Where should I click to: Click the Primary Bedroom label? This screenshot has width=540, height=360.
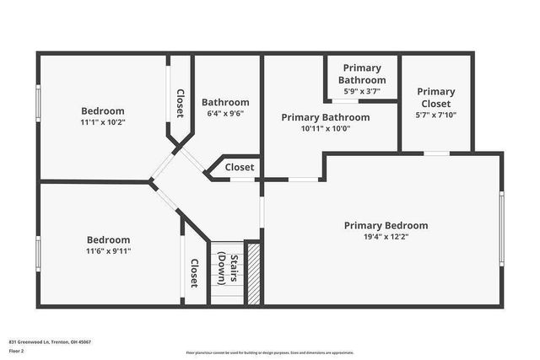386,225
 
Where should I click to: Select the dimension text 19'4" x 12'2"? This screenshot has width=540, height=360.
386,238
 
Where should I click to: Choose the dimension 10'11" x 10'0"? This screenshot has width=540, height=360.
326,129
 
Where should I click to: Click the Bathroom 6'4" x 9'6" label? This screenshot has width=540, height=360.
225,102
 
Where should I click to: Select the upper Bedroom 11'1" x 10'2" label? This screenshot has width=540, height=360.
103,110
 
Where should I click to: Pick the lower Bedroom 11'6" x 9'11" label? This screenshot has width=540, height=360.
108,239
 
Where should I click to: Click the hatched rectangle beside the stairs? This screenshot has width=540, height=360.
252,274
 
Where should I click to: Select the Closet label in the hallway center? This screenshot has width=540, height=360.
239,168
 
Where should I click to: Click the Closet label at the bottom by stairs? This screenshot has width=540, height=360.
193,273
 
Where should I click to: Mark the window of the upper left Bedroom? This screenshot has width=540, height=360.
38,110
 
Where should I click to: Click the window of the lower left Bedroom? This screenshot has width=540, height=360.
38,253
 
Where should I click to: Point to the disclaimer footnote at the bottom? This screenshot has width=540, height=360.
270,352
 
